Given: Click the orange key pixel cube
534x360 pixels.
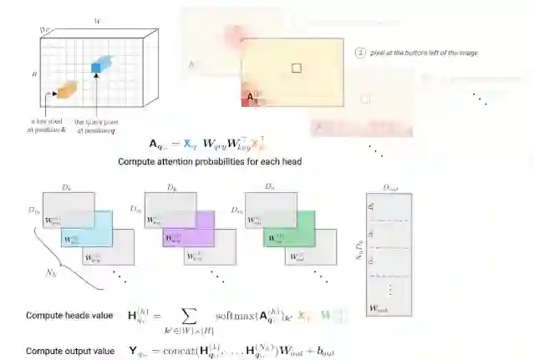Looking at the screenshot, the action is click(x=64, y=88).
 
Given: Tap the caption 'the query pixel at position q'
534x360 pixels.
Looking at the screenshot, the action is click(x=99, y=125).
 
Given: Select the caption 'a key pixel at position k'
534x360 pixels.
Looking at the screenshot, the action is click(x=41, y=125).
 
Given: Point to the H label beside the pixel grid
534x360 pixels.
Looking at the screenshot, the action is click(x=35, y=74).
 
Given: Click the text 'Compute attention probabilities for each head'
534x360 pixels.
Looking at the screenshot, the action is click(x=209, y=161).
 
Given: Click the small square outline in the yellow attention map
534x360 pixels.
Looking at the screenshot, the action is click(x=296, y=66).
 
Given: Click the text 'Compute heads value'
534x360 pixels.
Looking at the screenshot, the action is click(x=63, y=315).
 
